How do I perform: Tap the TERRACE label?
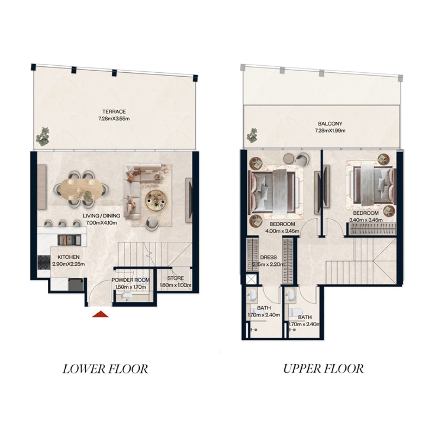(114, 112)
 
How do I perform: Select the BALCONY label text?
(330, 124)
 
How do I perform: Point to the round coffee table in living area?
(156, 200)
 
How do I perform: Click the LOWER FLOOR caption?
(105, 369)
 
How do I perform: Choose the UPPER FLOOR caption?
(323, 369)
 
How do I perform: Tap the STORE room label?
(175, 278)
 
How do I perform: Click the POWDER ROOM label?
(130, 280)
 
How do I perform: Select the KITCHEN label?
(68, 257)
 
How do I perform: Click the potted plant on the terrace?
(42, 136)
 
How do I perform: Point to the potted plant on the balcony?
(252, 135)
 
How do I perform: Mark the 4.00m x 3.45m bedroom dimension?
(282, 231)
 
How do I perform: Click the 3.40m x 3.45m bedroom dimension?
(366, 220)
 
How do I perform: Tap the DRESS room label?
(268, 257)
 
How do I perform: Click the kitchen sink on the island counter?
(69, 240)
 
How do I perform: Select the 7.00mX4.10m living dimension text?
(102, 223)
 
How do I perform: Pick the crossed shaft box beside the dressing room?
(252, 279)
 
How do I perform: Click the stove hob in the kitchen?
(43, 263)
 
